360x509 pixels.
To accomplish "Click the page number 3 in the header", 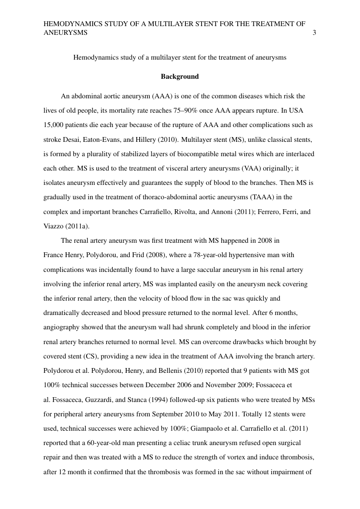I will tap(314, 33).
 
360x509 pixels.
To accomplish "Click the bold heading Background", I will tap(180, 77).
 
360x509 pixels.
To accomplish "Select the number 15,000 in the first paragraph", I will tap(54, 125).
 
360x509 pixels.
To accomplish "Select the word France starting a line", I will tap(53, 254).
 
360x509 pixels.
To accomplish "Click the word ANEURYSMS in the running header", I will tap(65, 33).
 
